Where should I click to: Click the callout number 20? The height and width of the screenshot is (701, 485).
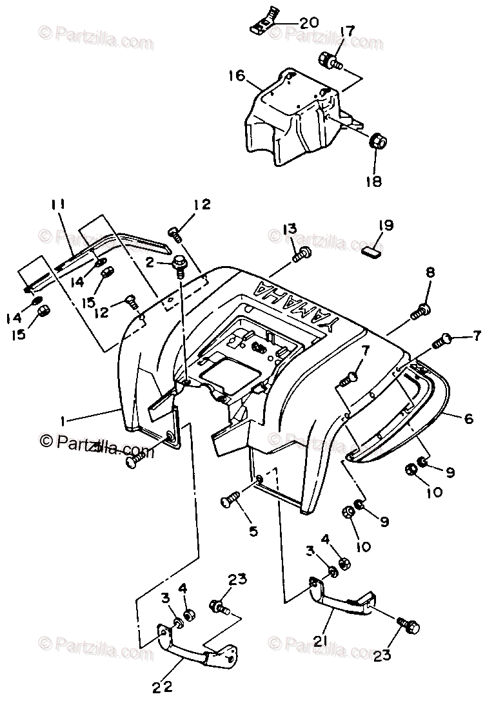308,23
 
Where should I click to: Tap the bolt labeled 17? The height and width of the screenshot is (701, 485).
329,62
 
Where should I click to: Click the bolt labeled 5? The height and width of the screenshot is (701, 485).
232,499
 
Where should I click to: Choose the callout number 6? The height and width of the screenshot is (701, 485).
468,419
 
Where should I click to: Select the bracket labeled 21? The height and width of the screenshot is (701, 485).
339,600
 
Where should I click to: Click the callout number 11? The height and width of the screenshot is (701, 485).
59,206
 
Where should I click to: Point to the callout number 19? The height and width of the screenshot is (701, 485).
386,226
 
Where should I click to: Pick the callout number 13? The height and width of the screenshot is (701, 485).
290,229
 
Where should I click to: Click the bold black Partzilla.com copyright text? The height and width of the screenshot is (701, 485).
97,444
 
